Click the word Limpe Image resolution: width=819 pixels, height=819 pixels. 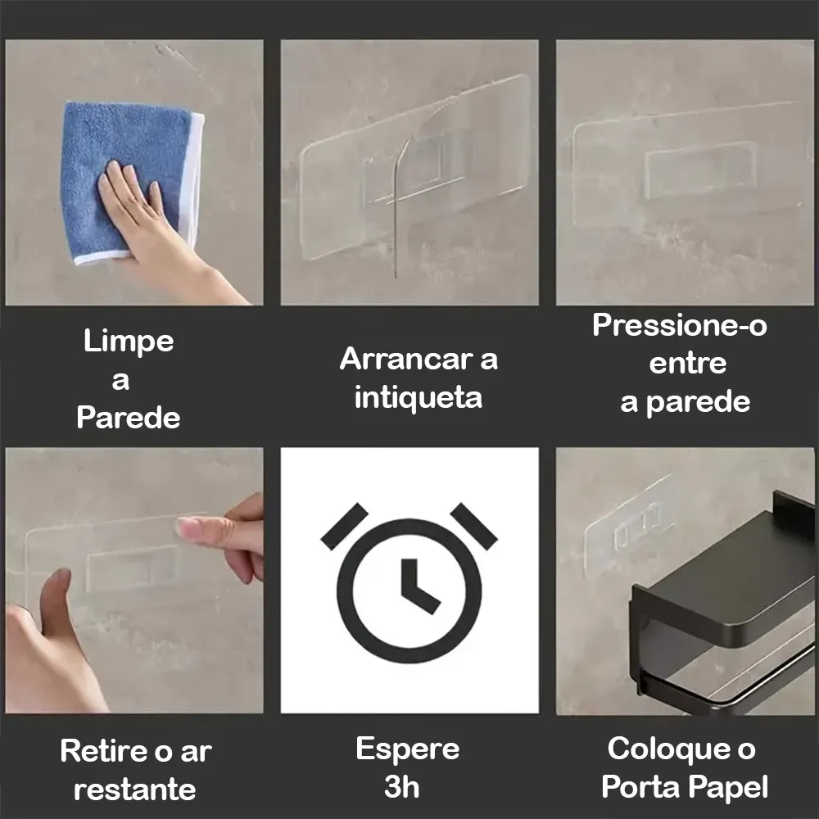129,342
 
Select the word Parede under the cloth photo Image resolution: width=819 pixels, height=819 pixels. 129,418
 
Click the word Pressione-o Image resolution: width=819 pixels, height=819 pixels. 680,325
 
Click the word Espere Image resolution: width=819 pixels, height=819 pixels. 407,749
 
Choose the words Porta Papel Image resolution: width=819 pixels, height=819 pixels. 685,787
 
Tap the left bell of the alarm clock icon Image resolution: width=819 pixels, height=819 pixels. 345,526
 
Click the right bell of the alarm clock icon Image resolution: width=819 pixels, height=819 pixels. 473,526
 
